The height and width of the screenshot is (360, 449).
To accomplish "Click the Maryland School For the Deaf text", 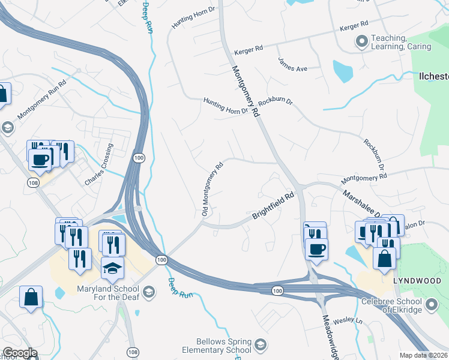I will (x=108, y=295).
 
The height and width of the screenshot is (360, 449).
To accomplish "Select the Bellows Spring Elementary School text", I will (x=222, y=346).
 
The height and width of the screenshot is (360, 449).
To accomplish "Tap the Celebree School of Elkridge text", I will (x=393, y=305).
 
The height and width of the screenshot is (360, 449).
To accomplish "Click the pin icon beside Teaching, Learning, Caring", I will (x=361, y=42).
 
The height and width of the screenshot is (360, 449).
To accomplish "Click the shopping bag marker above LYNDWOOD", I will (x=384, y=259).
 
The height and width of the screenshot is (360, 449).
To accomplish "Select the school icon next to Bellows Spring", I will (x=260, y=344).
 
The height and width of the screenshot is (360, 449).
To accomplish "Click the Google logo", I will (x=20, y=353).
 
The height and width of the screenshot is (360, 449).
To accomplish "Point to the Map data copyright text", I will (x=424, y=355).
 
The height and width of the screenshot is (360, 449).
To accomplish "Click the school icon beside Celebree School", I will (x=431, y=305).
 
